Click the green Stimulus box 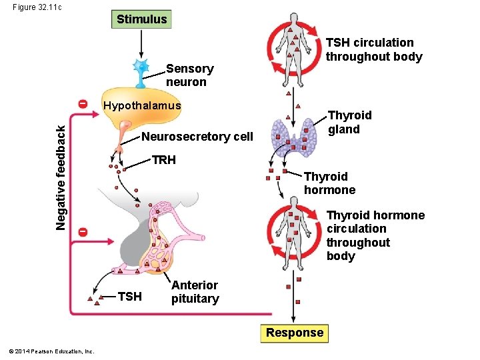[x=141, y=19]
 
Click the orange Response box [x=294, y=333]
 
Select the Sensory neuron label [x=189, y=75]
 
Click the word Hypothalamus [x=141, y=106]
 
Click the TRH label [x=163, y=160]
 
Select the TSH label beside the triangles [x=129, y=297]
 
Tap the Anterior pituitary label [x=195, y=292]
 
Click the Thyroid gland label [x=349, y=122]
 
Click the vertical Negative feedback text [x=61, y=179]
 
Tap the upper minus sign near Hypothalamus [x=81, y=105]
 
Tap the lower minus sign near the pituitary [x=81, y=231]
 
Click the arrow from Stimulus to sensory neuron [x=141, y=43]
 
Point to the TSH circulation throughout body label [x=373, y=50]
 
